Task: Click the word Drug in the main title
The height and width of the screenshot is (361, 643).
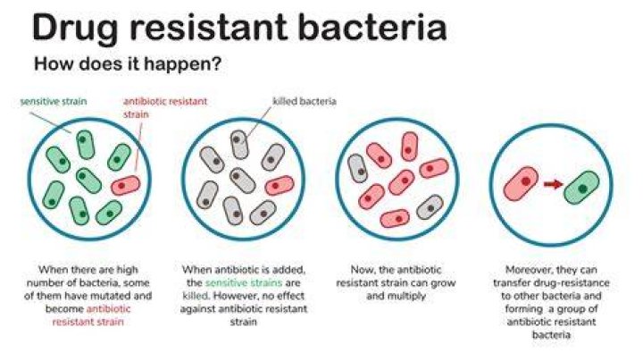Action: point(75,28)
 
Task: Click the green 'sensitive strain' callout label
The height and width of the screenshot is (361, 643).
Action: point(54,101)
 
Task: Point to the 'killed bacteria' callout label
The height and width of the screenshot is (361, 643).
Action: point(305,101)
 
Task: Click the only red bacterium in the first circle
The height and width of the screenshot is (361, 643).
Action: point(126,186)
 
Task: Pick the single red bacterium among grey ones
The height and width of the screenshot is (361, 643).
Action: point(280,186)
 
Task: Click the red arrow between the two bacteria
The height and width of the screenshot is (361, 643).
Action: point(553,185)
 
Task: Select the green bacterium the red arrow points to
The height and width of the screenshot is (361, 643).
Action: point(581,188)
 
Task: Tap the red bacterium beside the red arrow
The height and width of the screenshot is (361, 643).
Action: point(521,183)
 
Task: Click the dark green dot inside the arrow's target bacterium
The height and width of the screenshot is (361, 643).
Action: point(582,189)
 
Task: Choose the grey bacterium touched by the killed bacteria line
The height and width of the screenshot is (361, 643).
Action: point(239,145)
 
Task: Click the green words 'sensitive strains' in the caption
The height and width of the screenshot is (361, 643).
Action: point(244,282)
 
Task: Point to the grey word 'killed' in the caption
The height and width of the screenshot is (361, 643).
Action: point(196,296)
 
